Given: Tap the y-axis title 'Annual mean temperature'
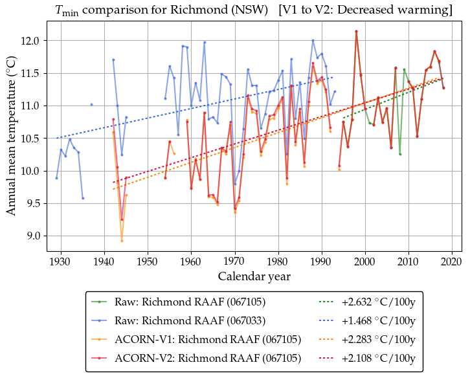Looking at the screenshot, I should pos(12,137).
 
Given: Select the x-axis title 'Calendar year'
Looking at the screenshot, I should pos(254,276).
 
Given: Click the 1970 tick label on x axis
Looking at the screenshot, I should pos(234,261).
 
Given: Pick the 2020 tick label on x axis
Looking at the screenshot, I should pos(452,261).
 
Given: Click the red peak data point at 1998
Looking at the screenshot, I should pos(356,31).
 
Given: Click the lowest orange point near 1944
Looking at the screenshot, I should pos(122,241).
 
